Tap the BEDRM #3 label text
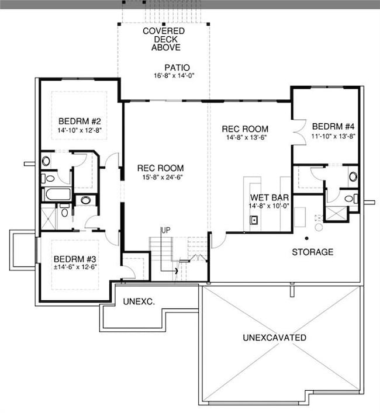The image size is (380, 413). coord(75,259)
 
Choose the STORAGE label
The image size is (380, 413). coord(313,252)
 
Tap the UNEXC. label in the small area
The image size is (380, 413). coord(138,301)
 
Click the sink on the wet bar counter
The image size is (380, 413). coord(255,220)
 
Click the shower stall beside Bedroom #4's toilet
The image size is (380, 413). coord(336,213)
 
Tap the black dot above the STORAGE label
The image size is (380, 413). coord(306,238)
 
